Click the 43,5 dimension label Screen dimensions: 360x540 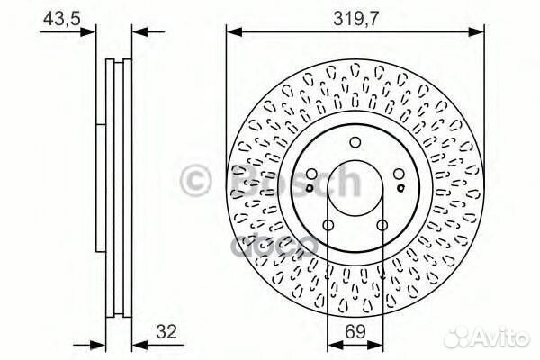pos(55,16)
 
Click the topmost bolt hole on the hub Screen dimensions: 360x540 pos(355,141)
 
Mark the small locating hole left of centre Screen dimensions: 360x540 pos(310,187)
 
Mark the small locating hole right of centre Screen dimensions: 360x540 pos(400,187)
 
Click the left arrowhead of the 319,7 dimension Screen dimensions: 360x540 pos(231,32)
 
